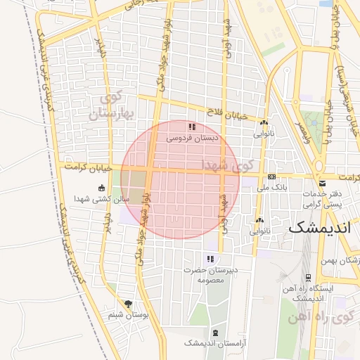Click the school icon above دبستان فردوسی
[x=192, y=127]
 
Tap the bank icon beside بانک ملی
[x=271, y=176]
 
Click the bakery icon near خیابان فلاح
[x=264, y=122]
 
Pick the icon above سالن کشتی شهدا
[x=102, y=188]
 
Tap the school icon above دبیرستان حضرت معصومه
[x=209, y=259]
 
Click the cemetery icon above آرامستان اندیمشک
[x=214, y=333]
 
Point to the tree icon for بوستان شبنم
[x=127, y=304]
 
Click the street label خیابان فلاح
[x=232, y=114]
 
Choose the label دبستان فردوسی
[x=193, y=139]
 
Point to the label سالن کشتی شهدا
[x=103, y=200]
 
